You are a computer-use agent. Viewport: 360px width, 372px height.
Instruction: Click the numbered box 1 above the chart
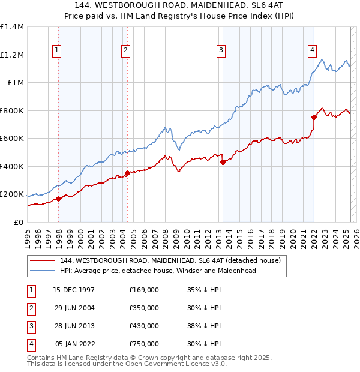point(56,50)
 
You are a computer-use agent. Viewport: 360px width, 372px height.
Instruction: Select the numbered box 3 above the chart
point(221,50)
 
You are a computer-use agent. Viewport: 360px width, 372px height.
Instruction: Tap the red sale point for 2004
point(127,173)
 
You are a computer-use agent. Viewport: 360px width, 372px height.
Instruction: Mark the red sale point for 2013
point(223,162)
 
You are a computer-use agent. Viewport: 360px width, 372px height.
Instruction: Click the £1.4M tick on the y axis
point(12,27)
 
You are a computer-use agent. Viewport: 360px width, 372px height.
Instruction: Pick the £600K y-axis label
point(12,139)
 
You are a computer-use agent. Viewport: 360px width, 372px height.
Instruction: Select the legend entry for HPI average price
point(158,271)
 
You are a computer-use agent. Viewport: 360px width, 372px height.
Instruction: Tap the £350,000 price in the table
point(144,308)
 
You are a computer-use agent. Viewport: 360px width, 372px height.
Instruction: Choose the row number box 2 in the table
point(31,308)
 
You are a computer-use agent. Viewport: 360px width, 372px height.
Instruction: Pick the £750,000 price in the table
point(144,344)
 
